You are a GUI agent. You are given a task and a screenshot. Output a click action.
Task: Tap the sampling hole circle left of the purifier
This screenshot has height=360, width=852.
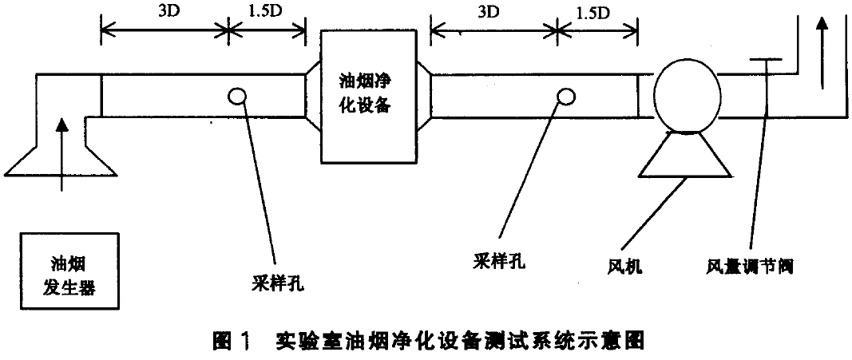click(x=236, y=96)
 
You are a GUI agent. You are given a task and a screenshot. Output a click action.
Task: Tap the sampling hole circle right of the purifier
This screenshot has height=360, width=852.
click(x=566, y=96)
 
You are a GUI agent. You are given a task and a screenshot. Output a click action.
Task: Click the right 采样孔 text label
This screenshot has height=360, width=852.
click(x=499, y=259)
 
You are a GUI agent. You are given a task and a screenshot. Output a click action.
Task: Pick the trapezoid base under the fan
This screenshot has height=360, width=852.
click(x=685, y=156)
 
